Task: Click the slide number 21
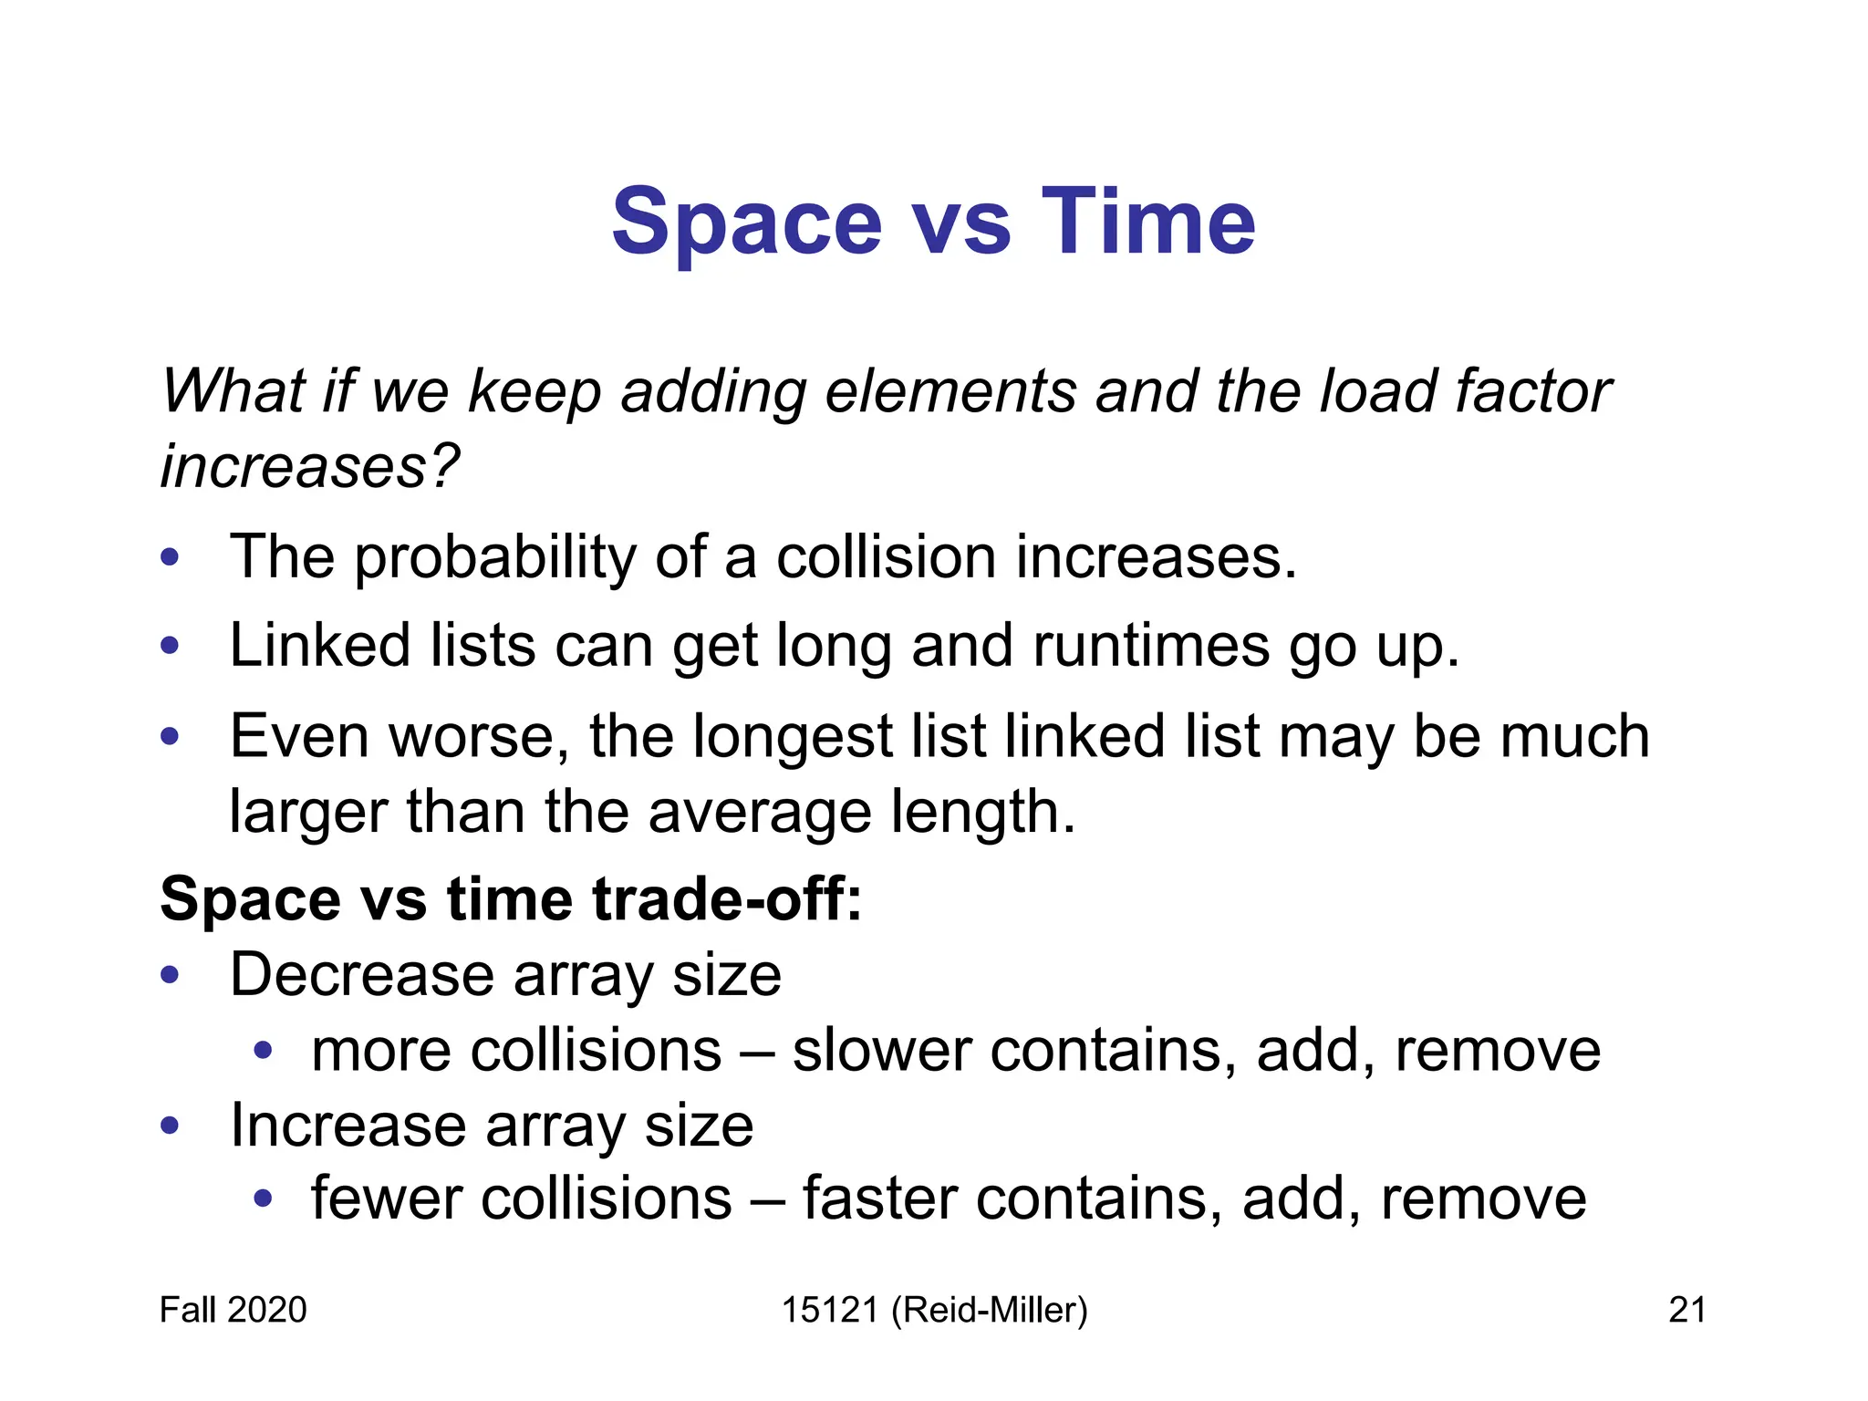1686,1310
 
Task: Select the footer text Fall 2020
233,1310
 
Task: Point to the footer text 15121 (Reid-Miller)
934,1310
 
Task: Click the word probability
495,557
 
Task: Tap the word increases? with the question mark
310,465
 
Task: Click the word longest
792,737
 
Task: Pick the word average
759,812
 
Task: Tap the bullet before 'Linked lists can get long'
170,646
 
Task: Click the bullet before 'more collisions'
264,1051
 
